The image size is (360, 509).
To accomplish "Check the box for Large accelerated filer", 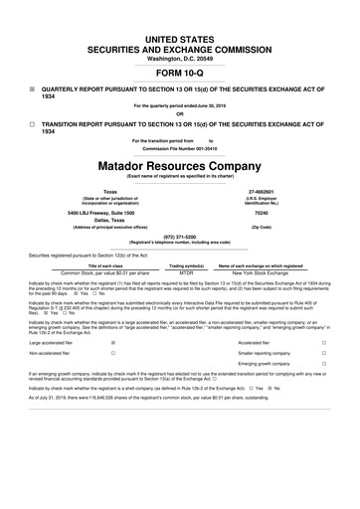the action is point(114,342).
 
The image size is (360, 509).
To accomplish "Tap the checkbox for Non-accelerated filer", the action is point(114,354).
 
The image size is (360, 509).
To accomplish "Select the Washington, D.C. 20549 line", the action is point(179,30).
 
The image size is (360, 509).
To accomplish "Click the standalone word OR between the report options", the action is point(179,111).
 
